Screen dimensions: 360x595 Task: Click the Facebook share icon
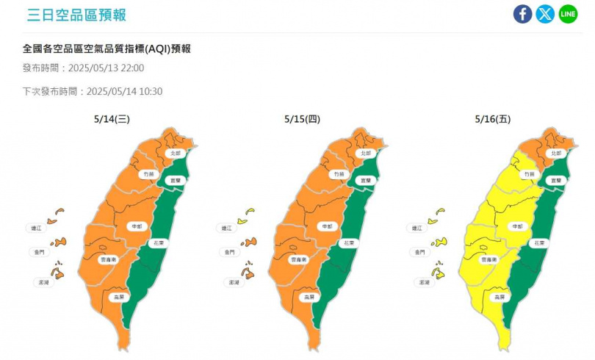click(x=522, y=14)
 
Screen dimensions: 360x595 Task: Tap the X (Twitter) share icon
click(x=545, y=14)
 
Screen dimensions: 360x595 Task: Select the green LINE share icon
click(x=568, y=14)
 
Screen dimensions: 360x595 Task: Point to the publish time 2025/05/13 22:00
click(x=106, y=68)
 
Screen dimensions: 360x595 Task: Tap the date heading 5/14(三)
click(x=112, y=118)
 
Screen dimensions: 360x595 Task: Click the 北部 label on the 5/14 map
click(x=175, y=154)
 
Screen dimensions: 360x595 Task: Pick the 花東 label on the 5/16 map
click(x=540, y=242)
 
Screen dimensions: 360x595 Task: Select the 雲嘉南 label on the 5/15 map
click(x=298, y=259)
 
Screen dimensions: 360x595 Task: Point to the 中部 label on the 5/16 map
click(x=516, y=226)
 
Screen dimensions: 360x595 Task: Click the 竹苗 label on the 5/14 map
click(x=150, y=174)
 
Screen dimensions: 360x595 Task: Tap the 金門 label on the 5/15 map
click(x=227, y=252)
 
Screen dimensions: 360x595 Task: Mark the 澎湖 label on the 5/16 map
click(x=424, y=281)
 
